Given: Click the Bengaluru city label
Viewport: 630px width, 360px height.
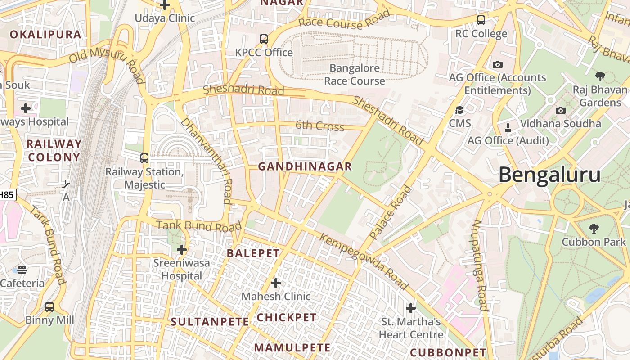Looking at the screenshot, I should click(549, 175).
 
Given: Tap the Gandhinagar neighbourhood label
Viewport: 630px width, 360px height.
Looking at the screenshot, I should click(305, 166).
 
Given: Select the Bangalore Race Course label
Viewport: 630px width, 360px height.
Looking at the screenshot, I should click(355, 74).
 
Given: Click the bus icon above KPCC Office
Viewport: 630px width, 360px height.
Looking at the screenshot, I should click(264, 39).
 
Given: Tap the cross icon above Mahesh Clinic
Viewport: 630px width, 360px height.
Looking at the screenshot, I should click(276, 283).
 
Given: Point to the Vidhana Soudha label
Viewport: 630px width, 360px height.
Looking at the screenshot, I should click(560, 123).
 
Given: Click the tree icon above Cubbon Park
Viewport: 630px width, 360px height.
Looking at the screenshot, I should click(594, 229).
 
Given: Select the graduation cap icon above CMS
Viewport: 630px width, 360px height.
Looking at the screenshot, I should click(459, 110).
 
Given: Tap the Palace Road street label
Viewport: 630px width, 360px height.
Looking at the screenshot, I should click(390, 212).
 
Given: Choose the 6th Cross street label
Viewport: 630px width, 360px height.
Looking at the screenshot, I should click(320, 126).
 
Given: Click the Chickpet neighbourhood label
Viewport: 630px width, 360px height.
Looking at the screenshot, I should click(287, 317).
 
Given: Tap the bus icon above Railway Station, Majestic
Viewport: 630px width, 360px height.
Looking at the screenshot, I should click(144, 158).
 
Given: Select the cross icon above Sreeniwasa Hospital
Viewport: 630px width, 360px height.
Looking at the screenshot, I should click(182, 249).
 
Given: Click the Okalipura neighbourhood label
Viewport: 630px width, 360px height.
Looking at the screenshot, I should click(45, 35).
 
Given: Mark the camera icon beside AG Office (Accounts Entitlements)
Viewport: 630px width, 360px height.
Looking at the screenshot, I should click(498, 64).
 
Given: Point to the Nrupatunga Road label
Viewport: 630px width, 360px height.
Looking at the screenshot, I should click(480, 265).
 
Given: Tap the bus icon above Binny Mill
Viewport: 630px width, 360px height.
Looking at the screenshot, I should click(49, 307).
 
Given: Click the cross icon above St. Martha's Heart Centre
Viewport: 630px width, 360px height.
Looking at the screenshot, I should click(411, 308).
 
